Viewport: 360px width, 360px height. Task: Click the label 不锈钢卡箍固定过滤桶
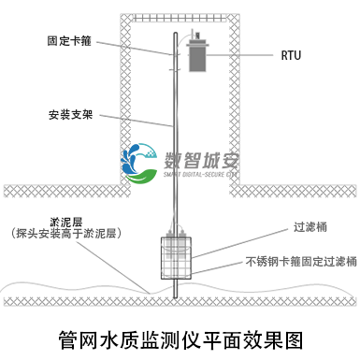(301, 262)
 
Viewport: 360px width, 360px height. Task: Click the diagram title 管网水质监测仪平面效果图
(180, 335)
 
